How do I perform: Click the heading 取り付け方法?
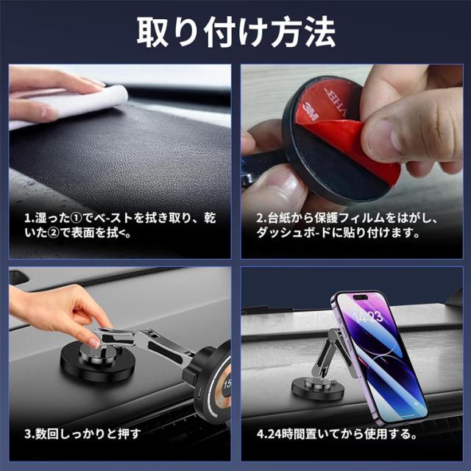(235, 32)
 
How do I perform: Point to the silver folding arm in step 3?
(155, 346)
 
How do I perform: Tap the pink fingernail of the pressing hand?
(93, 343)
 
